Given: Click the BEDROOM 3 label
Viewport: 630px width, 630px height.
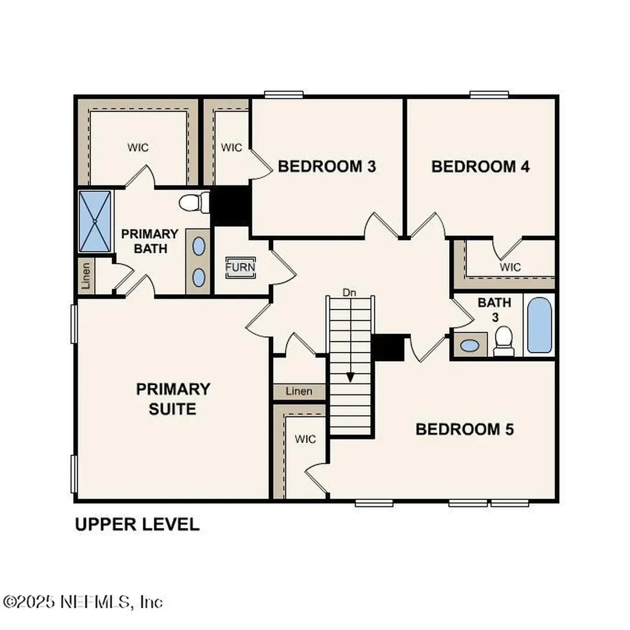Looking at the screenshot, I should click(327, 166).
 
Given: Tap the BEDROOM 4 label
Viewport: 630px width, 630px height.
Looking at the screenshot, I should click(480, 166).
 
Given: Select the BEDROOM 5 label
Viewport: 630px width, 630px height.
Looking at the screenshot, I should click(465, 429).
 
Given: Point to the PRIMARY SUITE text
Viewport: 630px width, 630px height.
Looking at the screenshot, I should click(172, 399).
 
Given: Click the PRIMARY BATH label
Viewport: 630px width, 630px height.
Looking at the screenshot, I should click(150, 241).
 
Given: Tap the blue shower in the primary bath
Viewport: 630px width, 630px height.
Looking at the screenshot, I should click(95, 221).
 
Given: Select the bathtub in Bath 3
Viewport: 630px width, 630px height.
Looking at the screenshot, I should click(539, 325).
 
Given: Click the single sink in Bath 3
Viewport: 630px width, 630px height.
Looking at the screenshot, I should click(470, 345).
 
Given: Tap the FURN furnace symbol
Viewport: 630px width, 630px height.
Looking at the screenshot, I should click(240, 268).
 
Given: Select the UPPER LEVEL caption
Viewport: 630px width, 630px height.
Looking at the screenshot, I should click(137, 524).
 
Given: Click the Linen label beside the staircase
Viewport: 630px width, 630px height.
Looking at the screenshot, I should click(299, 391).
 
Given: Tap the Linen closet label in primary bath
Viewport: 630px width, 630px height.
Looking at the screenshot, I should click(86, 276).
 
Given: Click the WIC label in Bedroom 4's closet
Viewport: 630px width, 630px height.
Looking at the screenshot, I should click(510, 267).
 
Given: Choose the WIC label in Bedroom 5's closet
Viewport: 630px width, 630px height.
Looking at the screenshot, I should click(305, 439).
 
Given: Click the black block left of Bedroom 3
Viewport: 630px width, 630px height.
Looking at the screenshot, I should click(230, 206).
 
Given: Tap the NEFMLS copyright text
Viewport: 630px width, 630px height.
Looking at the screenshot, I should click(82, 600).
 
